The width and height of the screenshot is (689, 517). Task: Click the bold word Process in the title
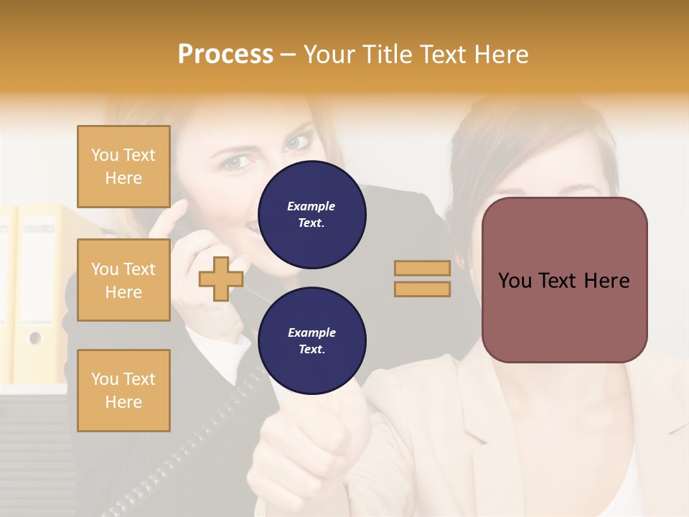[x=225, y=55]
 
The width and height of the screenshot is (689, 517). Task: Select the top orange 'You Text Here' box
[x=123, y=167]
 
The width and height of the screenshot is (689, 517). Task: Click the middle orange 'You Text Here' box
[x=123, y=280]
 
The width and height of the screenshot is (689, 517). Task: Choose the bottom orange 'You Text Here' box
[x=123, y=391]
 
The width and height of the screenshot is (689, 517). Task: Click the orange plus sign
[x=221, y=279]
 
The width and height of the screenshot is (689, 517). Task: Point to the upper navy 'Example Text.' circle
[x=311, y=215]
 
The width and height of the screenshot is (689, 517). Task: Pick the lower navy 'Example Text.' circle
[x=311, y=341]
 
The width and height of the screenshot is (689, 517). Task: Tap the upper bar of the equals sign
[x=422, y=268]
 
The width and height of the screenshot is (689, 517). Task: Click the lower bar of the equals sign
[x=422, y=289]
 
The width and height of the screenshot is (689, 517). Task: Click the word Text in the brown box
[x=564, y=281]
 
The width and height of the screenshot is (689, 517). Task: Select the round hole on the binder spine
[x=34, y=337]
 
